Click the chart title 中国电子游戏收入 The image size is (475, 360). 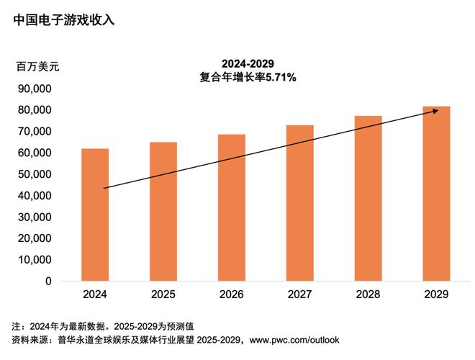click(64, 20)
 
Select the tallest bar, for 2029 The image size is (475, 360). click(436, 194)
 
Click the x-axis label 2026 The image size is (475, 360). click(232, 294)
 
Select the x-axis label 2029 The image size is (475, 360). click(436, 294)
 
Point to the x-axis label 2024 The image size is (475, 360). click(95, 294)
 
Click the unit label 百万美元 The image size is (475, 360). click(37, 66)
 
